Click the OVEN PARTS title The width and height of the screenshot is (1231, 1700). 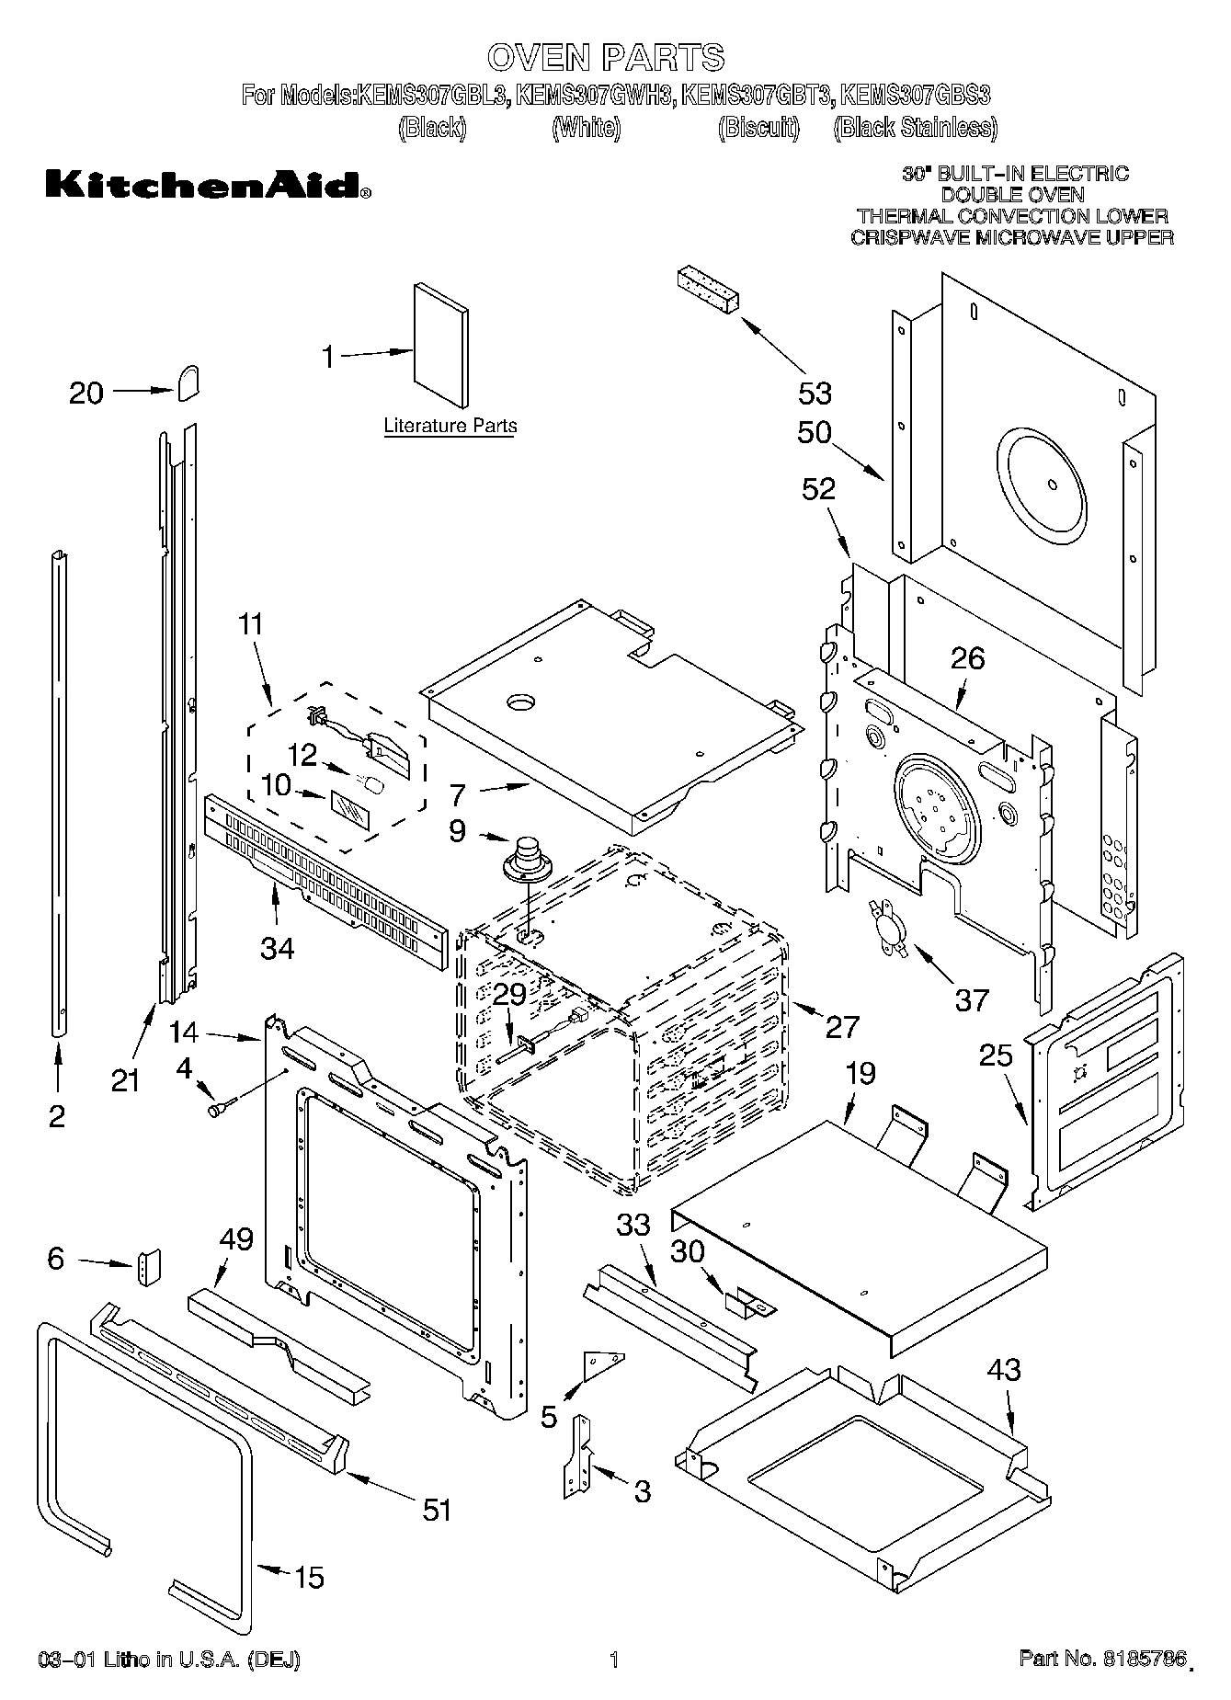click(x=606, y=57)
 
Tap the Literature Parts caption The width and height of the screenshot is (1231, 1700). click(x=450, y=426)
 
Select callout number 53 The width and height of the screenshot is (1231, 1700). click(x=814, y=393)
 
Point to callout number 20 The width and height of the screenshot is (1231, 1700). click(x=86, y=393)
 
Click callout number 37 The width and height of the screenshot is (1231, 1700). click(x=971, y=999)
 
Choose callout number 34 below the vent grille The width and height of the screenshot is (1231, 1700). click(x=277, y=947)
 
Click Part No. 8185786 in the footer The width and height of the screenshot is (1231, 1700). click(x=1098, y=1658)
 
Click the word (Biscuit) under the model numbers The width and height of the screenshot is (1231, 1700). click(x=758, y=128)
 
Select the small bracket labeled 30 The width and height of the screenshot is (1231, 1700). click(x=747, y=1299)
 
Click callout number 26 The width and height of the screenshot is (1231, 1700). click(x=967, y=657)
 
